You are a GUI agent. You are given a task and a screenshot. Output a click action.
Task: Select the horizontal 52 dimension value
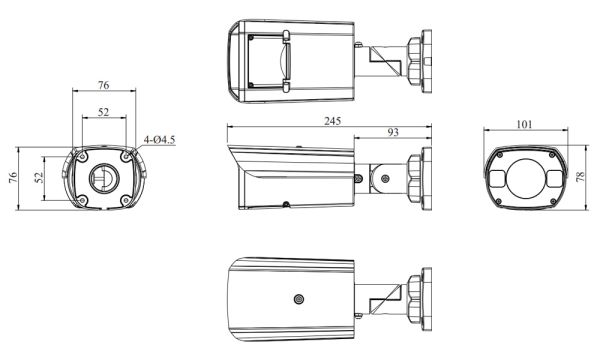coord(104,112)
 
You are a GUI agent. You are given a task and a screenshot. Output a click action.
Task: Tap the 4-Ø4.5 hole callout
coord(159,140)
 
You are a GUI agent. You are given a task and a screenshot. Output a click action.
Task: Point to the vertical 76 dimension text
coord(13,177)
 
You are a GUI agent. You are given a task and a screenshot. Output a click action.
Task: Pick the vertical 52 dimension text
coord(39,177)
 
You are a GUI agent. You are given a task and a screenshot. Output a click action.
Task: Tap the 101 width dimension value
coord(525,126)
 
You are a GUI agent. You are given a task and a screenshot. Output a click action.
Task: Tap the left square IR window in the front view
coord(499,176)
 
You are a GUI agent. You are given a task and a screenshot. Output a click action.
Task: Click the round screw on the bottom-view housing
coord(297,299)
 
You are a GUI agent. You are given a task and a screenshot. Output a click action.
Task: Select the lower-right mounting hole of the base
coord(125,199)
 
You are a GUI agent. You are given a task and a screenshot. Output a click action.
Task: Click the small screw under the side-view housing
coord(286,205)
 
